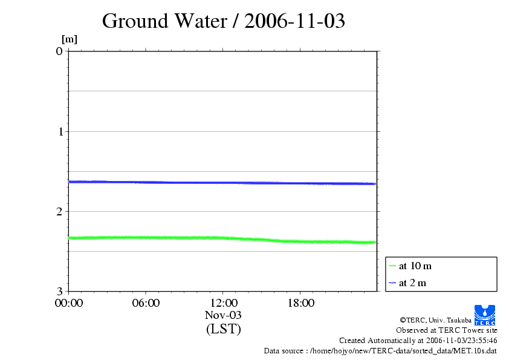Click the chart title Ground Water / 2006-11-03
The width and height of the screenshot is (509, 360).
[224, 21]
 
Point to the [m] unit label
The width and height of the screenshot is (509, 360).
[70, 40]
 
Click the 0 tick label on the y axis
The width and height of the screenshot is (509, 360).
[59, 51]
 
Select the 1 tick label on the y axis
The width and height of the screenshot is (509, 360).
[59, 131]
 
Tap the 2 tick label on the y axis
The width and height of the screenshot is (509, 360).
[59, 211]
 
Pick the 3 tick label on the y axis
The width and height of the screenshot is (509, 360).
[59, 292]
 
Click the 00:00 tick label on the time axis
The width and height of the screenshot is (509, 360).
[68, 303]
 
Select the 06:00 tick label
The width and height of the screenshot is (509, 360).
[146, 303]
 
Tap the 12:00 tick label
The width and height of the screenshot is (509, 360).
[223, 303]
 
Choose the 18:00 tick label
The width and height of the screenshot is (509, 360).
[300, 303]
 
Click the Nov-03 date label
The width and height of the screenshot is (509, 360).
[223, 315]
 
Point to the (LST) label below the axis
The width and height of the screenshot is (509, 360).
[223, 329]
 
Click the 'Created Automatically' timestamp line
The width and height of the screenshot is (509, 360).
[418, 341]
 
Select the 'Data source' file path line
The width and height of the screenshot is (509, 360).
[380, 351]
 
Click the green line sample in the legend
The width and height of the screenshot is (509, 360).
[392, 266]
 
